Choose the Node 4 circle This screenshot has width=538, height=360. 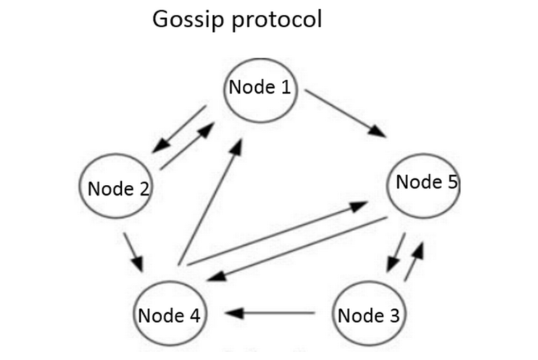tap(171, 314)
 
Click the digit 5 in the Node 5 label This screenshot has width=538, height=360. tap(452, 182)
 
